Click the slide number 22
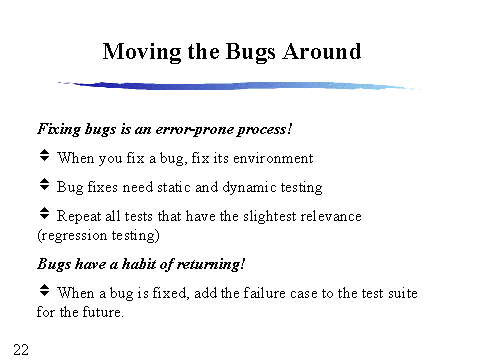coord(21,347)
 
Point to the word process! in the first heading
coord(264,129)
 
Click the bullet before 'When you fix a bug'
coord(44,156)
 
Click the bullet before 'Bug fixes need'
coord(44,184)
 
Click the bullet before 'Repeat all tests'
coord(44,213)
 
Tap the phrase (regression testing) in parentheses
coord(90,235)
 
